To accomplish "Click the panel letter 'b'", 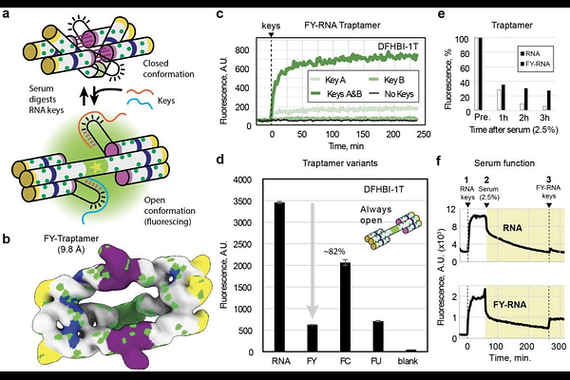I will (x=7, y=200).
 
